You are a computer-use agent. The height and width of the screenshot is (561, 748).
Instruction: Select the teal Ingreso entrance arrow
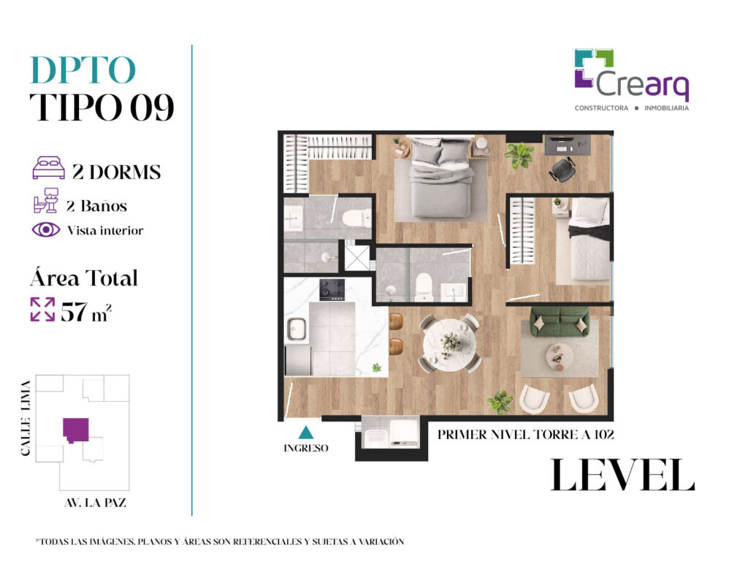306,432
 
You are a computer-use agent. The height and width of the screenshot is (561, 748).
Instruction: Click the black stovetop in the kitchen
332,289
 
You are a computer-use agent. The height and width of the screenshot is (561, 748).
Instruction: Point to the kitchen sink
297,329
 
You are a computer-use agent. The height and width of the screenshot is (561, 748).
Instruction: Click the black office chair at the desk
562,169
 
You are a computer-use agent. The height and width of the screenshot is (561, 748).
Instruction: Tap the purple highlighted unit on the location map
76,430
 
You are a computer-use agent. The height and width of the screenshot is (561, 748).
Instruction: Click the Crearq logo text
642,85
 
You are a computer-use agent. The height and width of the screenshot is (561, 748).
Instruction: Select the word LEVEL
622,475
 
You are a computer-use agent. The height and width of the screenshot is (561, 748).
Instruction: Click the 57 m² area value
86,312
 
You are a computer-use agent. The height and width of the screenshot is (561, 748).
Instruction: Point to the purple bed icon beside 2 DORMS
48,167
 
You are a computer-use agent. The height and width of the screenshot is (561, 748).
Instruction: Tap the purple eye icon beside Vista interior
46,230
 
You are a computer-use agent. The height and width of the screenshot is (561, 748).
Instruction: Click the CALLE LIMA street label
26,418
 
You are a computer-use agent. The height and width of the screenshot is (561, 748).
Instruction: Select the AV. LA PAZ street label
95,503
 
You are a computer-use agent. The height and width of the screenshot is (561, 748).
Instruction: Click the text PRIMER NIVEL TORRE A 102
526,435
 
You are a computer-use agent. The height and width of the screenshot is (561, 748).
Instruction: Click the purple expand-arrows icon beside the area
42,309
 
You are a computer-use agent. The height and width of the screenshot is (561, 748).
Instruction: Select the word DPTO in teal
83,70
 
